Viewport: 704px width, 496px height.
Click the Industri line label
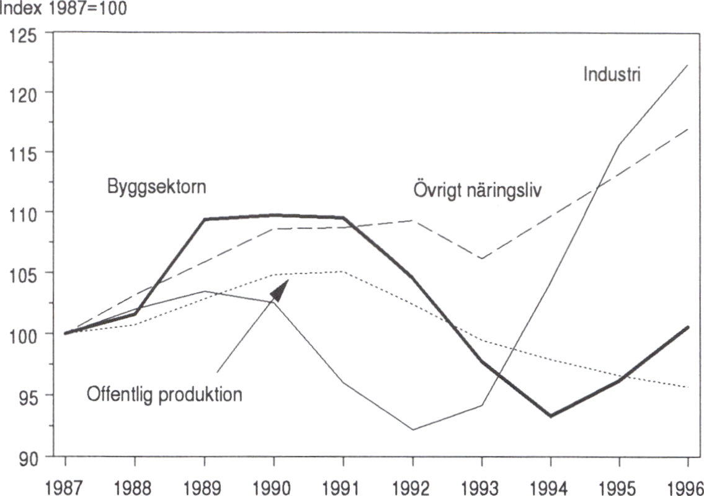point(612,75)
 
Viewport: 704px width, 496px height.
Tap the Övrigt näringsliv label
point(477,189)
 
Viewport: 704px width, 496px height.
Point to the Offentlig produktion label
point(164,394)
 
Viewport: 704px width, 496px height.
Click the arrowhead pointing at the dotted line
point(280,290)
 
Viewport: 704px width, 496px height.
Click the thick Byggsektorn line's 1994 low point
point(550,415)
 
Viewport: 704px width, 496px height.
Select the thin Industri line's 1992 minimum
point(412,429)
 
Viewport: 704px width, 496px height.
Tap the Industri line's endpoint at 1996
point(687,64)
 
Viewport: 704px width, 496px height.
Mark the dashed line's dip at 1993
point(481,258)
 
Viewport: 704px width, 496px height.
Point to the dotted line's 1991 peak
point(342,272)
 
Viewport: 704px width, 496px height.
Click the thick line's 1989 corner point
point(205,219)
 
